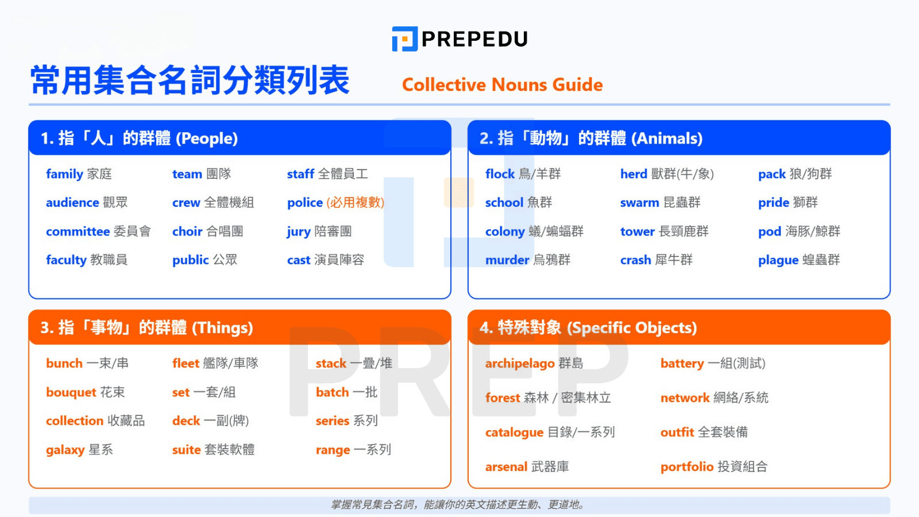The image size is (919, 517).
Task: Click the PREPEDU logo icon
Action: [x=404, y=39]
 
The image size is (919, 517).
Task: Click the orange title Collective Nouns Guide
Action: [x=502, y=85]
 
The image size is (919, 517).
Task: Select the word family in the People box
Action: [x=64, y=174]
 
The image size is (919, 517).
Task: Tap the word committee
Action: [x=78, y=232]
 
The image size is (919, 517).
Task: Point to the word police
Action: [x=305, y=203]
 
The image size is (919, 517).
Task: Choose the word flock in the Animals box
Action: [x=500, y=174]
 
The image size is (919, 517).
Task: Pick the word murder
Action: [x=507, y=260]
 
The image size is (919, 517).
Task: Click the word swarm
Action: [x=639, y=203]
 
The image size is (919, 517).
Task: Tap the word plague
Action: [x=778, y=260]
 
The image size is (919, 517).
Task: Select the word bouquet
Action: [x=71, y=392]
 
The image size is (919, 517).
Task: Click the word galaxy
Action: [x=65, y=450]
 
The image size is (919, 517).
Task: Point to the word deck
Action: [x=186, y=421]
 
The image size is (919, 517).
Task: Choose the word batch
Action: [x=332, y=392]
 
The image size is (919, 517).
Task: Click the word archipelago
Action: [x=519, y=364]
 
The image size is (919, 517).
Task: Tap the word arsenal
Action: [x=506, y=467]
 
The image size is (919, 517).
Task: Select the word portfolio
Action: [x=686, y=467]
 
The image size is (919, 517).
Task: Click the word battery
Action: [x=682, y=364]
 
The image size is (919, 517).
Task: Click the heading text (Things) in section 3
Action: [x=222, y=328]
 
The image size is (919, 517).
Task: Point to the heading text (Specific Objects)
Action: [x=632, y=328]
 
